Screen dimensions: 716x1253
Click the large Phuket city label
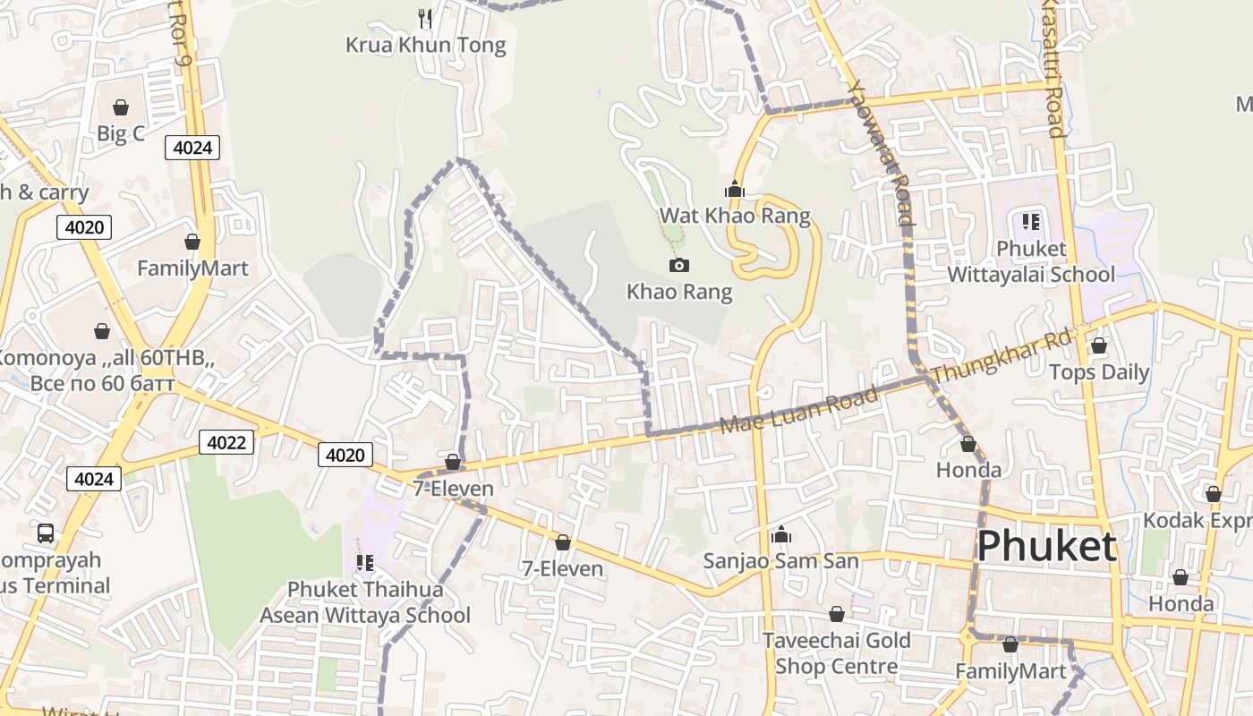coord(1046,546)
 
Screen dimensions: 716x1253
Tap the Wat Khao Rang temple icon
coord(735,189)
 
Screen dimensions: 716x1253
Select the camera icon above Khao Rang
coord(679,265)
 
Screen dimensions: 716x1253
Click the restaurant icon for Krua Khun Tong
coord(426,18)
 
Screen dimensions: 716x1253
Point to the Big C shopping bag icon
coord(121,107)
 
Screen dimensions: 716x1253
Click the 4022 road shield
coord(226,441)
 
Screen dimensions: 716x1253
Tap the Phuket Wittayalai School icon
coord(1030,221)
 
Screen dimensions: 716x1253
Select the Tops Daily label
coord(1098,372)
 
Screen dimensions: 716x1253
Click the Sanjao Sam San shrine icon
coord(781,534)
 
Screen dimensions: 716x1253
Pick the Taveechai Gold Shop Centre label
coord(837,653)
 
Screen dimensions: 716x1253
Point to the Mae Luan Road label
coord(799,411)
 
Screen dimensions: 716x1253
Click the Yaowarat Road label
coord(882,152)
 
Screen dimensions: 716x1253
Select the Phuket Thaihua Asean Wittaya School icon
coord(364,562)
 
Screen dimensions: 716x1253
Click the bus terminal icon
coord(46,533)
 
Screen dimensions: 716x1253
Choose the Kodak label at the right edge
coord(1198,521)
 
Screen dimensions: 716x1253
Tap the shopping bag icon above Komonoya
coord(102,331)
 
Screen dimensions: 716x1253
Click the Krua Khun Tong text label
coord(426,45)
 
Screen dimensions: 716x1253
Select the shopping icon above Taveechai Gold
coord(836,614)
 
